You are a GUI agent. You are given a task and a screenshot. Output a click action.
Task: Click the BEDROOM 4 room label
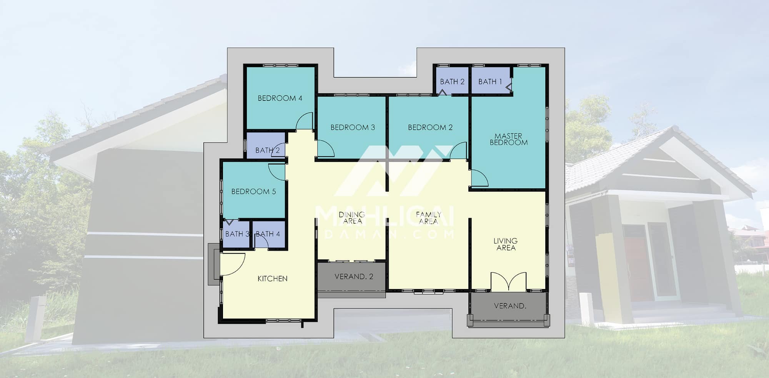click(280, 98)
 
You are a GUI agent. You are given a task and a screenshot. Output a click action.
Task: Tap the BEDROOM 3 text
click(353, 127)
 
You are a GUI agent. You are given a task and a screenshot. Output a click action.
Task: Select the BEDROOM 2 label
click(430, 127)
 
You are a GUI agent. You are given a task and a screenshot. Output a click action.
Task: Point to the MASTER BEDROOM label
click(508, 139)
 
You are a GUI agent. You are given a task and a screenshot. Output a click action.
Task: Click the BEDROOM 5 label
click(253, 191)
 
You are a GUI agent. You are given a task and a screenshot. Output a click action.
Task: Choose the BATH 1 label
click(490, 82)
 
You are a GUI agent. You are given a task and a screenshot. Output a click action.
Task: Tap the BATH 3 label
click(237, 234)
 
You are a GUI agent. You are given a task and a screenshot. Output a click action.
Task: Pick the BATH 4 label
click(268, 234)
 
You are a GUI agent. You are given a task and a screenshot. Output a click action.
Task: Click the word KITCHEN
click(273, 278)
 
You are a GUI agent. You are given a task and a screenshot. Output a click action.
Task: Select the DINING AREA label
click(352, 217)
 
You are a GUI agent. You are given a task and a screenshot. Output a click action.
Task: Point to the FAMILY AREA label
click(429, 217)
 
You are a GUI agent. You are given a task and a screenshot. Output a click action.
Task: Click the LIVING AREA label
click(506, 244)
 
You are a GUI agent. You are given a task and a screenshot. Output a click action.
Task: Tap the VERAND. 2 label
click(354, 276)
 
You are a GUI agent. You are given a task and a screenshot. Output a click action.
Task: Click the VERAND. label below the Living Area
click(510, 306)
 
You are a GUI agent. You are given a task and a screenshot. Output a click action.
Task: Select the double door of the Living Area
click(508, 281)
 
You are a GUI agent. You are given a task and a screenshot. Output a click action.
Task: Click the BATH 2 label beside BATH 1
click(452, 82)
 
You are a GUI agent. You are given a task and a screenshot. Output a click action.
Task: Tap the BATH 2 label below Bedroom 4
click(268, 151)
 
